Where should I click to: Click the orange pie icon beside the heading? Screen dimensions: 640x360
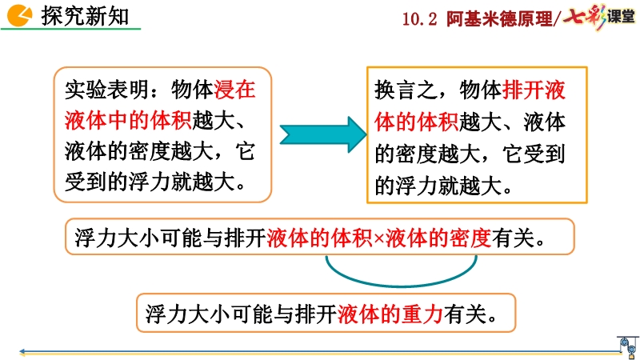18,15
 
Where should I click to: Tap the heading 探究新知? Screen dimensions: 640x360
85,16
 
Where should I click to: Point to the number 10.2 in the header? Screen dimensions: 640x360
419,18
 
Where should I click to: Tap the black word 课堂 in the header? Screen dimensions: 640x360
621,17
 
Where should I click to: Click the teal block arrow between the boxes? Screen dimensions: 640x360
323,134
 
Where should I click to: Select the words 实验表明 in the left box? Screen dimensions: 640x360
107,90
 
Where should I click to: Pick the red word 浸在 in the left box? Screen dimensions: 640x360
234,90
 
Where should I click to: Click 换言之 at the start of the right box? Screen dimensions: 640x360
406,90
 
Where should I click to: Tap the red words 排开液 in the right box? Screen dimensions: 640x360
534,90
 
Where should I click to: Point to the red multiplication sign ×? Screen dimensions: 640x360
378,238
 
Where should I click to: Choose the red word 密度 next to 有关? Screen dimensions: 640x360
470,238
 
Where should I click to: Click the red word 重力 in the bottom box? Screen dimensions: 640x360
422,314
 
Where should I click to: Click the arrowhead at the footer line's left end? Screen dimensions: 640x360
22,351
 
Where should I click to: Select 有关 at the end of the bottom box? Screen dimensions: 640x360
466,314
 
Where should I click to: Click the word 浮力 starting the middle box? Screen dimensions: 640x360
95,238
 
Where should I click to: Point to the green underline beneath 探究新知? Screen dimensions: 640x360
70,29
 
